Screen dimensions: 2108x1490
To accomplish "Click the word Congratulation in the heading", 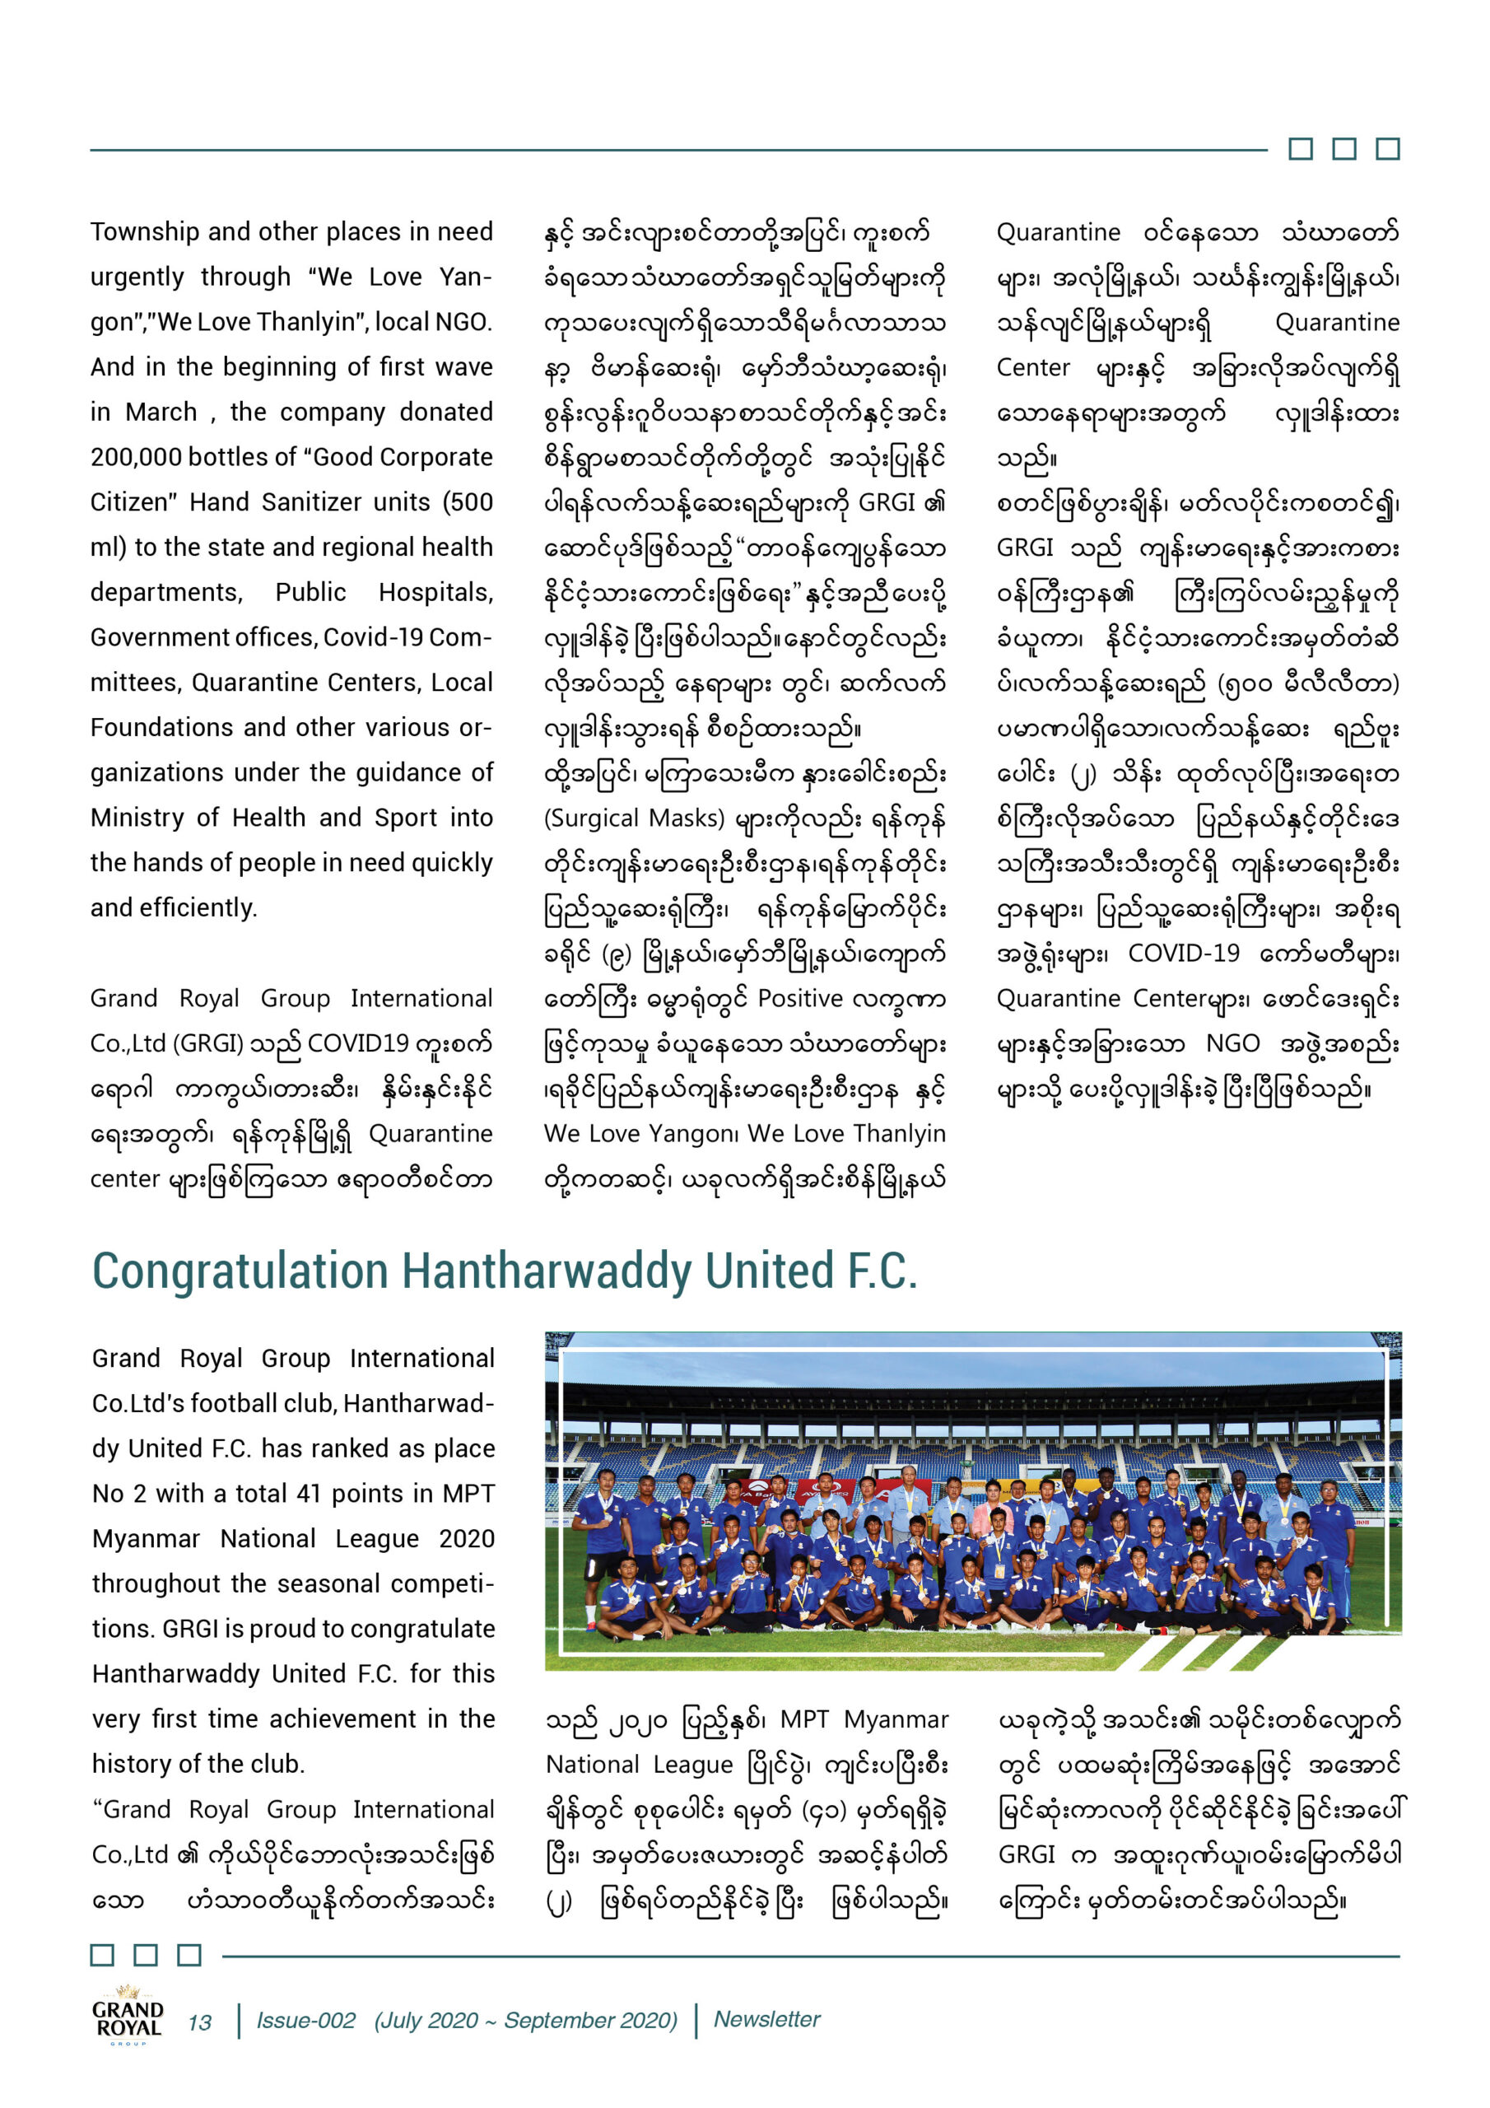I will pos(240,1272).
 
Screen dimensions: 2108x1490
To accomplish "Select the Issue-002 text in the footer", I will pos(305,2021).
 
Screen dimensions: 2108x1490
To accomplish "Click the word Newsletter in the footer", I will pos(766,2020).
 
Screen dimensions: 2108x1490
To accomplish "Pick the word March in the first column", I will pos(161,413).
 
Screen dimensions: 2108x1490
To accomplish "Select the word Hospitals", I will pos(435,592).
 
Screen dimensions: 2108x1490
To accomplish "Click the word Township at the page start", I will pos(145,231).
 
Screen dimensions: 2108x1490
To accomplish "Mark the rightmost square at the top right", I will pos(1388,149).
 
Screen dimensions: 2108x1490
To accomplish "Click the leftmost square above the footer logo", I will pos(102,1955).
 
